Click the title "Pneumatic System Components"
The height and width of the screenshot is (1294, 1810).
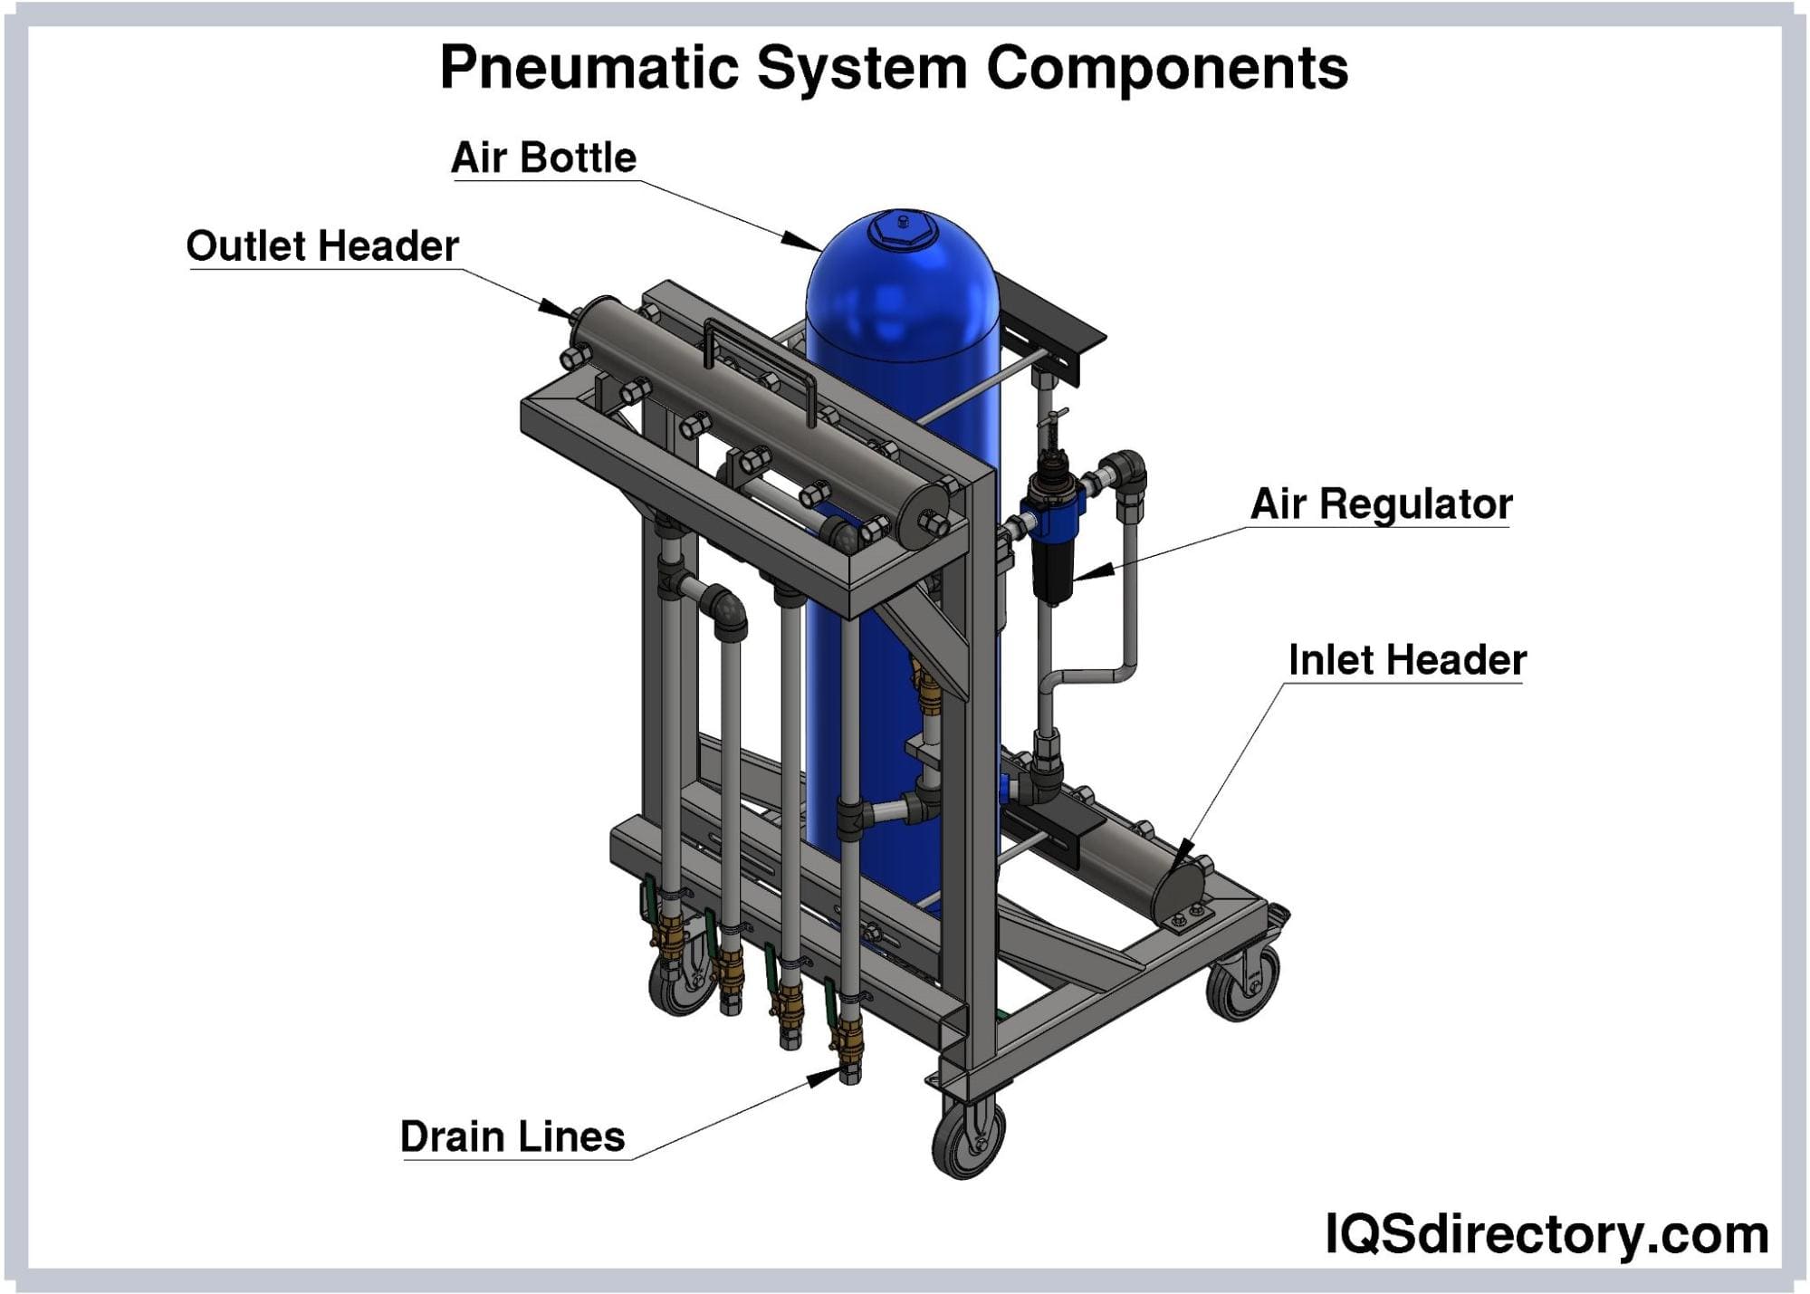894,68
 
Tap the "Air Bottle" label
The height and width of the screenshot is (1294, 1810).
543,158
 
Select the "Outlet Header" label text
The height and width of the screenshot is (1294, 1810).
322,246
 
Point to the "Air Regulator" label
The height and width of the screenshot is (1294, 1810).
1381,504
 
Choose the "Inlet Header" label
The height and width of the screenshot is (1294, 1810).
1407,660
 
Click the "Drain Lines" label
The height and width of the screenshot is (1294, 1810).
512,1136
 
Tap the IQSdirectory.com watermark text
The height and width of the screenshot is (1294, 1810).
1547,1233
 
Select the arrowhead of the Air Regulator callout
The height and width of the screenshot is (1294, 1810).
1092,572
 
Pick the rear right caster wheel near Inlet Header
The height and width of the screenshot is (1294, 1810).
1244,983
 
